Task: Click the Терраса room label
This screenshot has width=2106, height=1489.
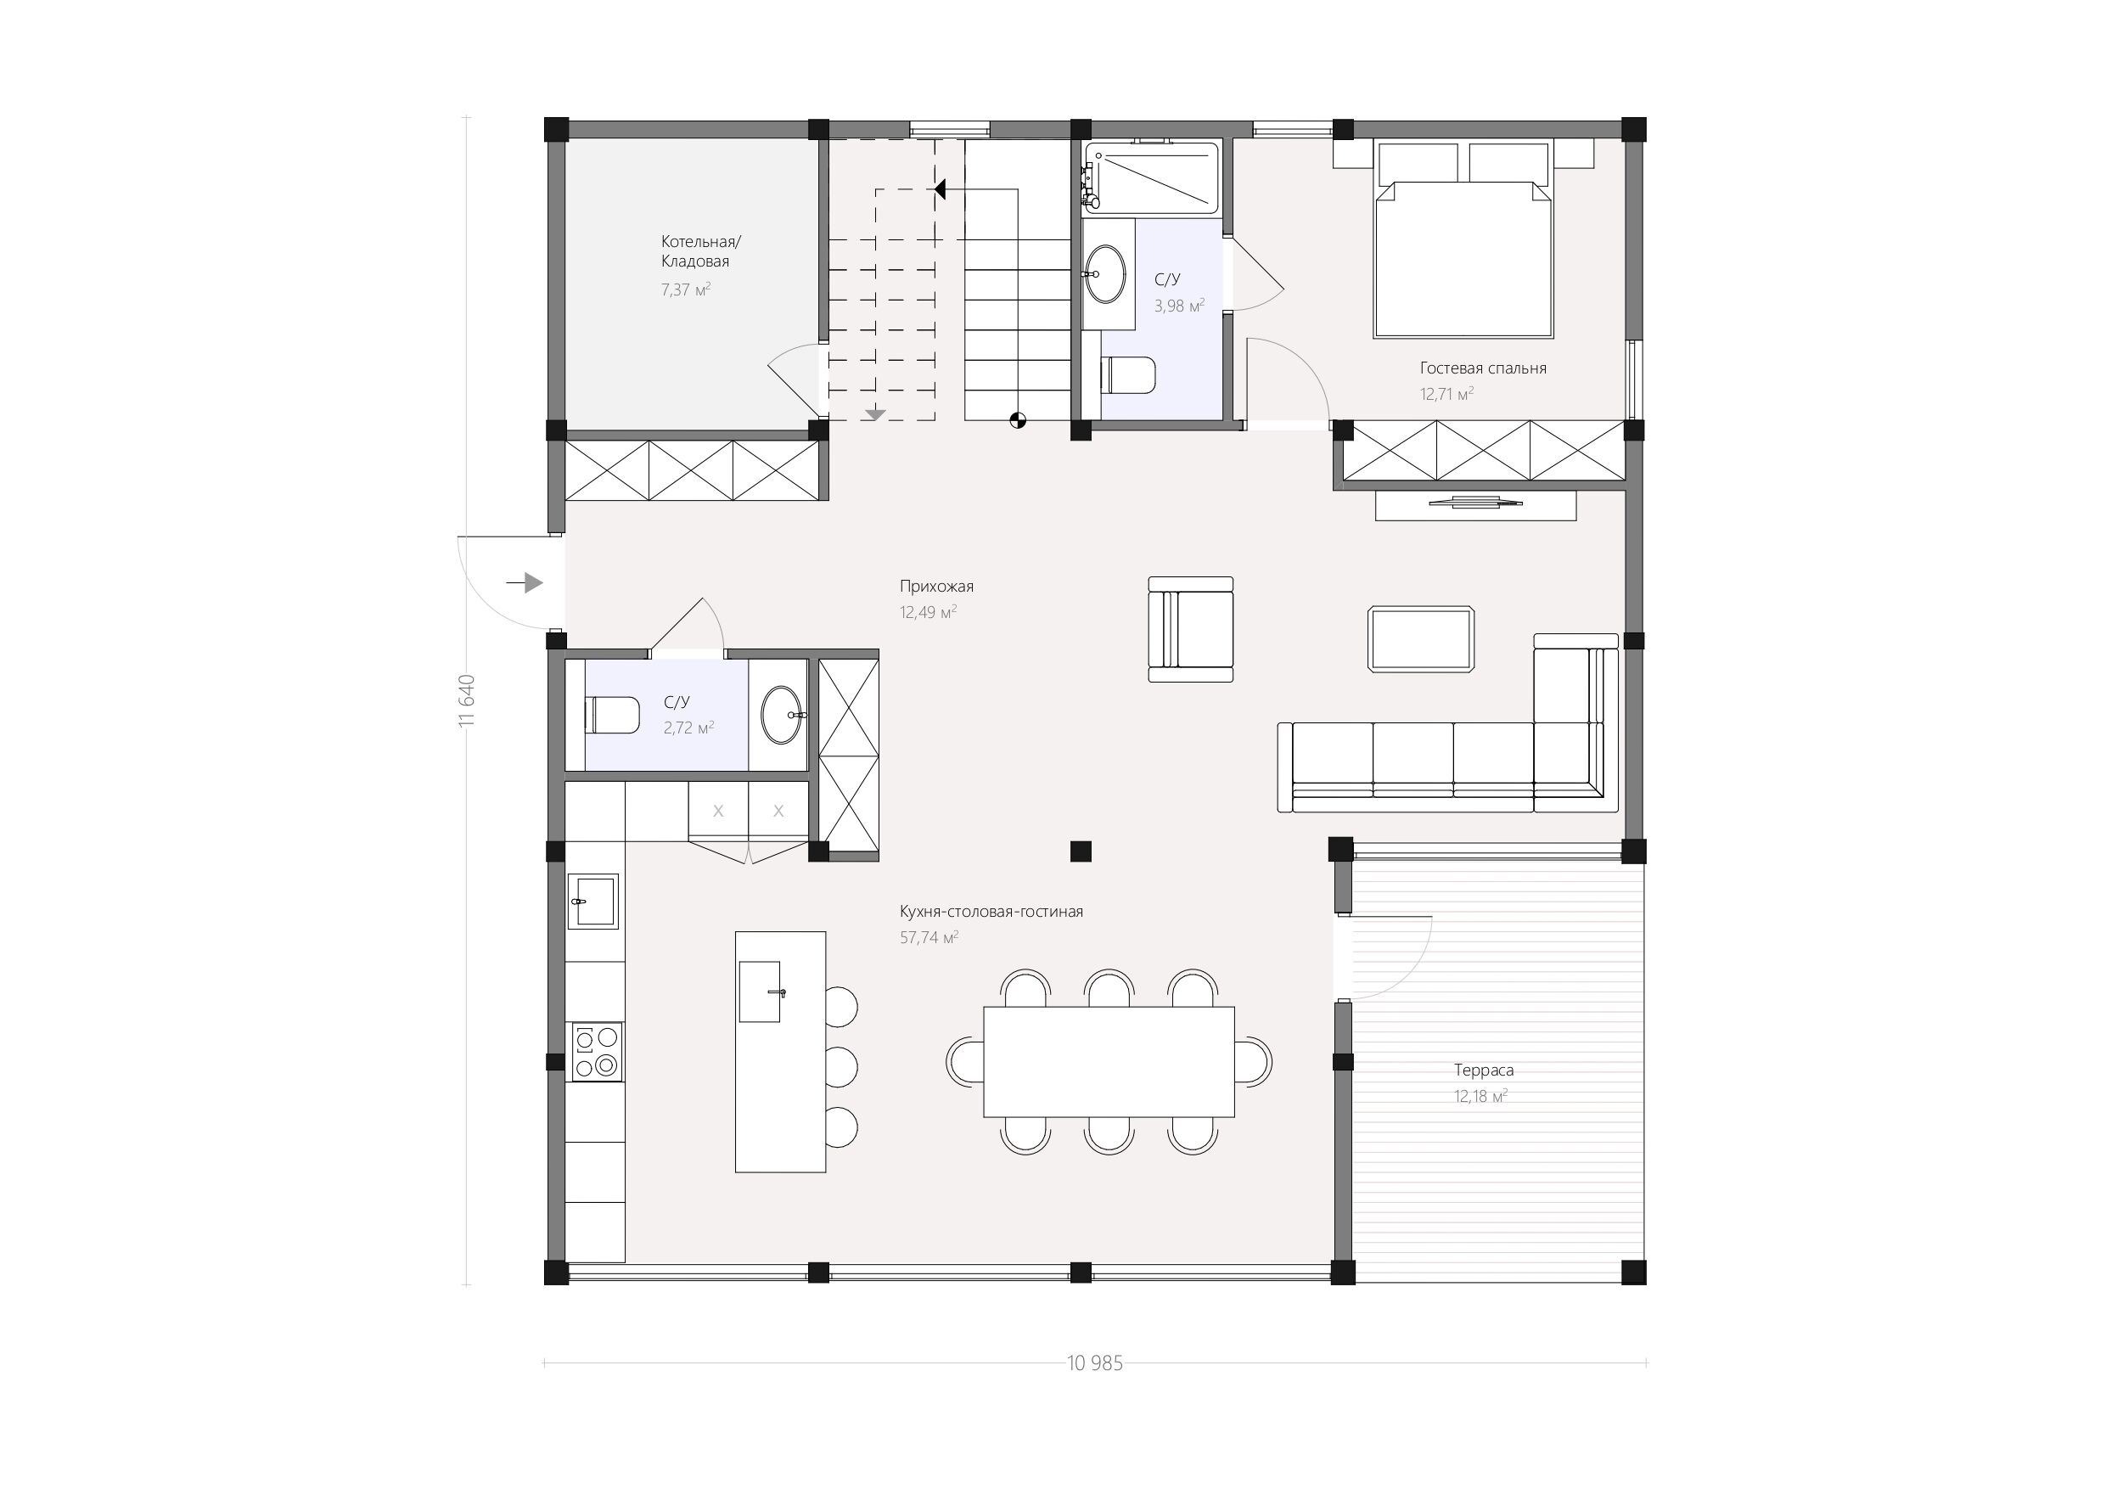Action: click(1483, 1070)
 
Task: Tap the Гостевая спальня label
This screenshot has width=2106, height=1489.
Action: click(1483, 368)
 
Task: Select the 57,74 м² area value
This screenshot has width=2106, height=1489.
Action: click(929, 937)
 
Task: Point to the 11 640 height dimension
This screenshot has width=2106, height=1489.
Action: click(467, 701)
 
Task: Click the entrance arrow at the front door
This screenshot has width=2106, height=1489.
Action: click(524, 582)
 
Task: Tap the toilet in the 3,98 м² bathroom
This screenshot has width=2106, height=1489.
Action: click(1128, 375)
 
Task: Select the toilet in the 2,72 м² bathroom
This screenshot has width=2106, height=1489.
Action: click(612, 715)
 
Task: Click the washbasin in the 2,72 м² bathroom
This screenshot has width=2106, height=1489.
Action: click(783, 715)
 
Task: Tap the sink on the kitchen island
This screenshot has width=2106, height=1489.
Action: click(761, 991)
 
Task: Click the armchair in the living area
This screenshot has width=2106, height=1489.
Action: click(1191, 629)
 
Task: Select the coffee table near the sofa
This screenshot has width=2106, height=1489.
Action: click(1421, 639)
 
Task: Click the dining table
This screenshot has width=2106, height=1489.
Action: click(1109, 1061)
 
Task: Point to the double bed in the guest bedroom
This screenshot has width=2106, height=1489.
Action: click(1463, 239)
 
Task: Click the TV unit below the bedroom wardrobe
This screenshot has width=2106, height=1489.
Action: click(1476, 505)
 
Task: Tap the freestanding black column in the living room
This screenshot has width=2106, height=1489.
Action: click(1081, 851)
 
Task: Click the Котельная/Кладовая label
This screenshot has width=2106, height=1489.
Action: click(701, 251)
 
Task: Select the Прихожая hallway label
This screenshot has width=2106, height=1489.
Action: click(936, 587)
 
